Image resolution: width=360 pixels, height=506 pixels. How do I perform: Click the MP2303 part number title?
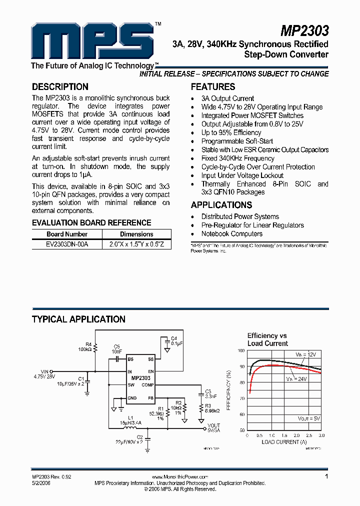[x=304, y=31]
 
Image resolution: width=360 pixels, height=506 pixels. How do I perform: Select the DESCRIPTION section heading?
[x=60, y=86]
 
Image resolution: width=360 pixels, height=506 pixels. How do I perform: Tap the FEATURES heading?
[x=213, y=86]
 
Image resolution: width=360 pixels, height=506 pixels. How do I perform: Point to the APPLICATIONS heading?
[x=221, y=205]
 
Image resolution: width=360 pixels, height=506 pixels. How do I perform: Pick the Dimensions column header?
[x=136, y=234]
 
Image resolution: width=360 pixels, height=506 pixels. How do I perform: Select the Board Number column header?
[x=67, y=234]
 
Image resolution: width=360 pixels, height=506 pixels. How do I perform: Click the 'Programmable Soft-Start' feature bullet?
[x=237, y=141]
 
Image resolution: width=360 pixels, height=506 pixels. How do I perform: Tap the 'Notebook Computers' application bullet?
[x=232, y=233]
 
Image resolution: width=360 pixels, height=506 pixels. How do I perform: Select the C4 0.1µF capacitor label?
[x=174, y=341]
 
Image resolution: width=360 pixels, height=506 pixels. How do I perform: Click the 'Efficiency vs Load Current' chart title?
[x=267, y=339]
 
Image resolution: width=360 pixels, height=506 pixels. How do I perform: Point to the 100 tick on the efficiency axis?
[x=241, y=351]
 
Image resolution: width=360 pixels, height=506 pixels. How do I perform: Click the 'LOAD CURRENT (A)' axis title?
[x=283, y=441]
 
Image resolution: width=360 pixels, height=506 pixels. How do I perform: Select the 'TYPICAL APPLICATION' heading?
[x=78, y=319]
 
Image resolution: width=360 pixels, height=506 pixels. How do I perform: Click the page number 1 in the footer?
[x=326, y=477]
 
